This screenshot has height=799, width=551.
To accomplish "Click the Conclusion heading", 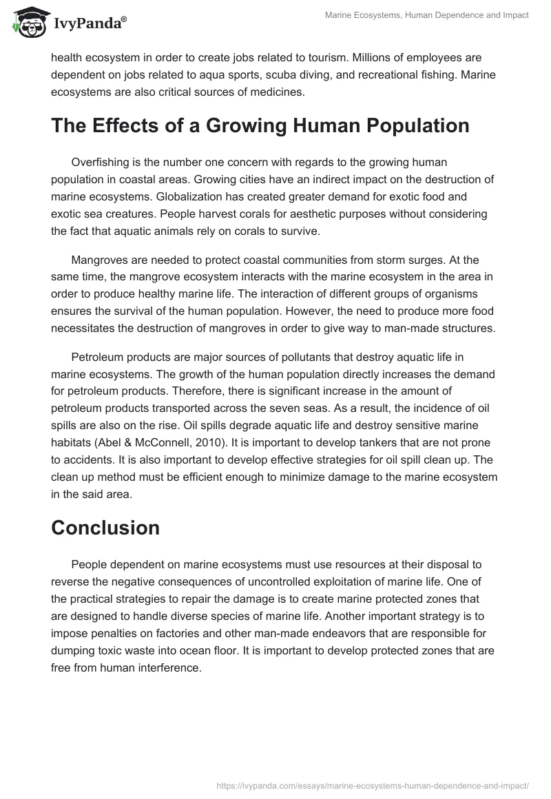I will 105,527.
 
